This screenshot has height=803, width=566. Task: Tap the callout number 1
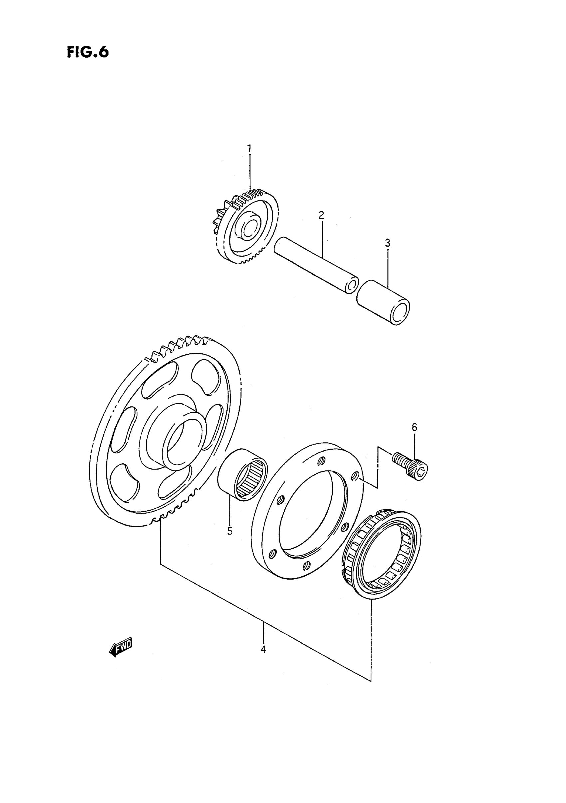point(249,149)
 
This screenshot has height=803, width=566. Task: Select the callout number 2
point(321,215)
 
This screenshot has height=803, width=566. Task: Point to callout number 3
point(387,243)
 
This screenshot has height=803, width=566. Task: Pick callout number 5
point(230,531)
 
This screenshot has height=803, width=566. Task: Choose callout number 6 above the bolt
point(415,427)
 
